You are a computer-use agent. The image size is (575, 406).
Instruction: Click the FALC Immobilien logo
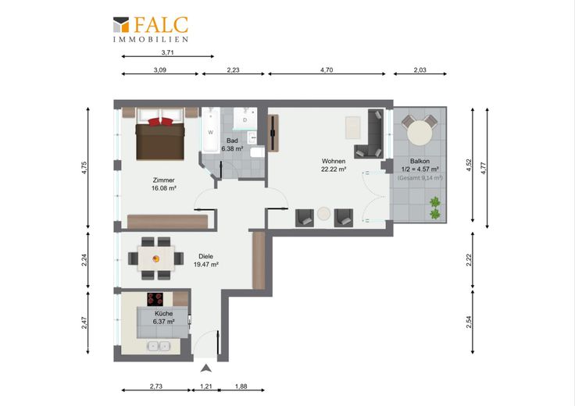151,30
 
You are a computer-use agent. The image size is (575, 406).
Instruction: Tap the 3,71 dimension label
168,52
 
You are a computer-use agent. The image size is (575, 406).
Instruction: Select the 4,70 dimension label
327,70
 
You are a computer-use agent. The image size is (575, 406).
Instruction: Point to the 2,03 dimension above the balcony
420,70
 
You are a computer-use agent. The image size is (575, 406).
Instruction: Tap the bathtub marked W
210,130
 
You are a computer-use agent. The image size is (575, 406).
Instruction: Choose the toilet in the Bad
258,152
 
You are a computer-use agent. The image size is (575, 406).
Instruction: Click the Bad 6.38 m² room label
232,144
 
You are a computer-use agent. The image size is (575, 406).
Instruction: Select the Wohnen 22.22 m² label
334,166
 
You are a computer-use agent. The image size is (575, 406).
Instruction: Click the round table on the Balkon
420,133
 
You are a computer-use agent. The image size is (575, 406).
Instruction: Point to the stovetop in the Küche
155,299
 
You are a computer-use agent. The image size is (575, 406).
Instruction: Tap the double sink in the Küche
159,346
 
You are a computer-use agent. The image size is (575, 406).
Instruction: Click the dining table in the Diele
155,258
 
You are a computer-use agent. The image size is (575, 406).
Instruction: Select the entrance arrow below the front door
206,369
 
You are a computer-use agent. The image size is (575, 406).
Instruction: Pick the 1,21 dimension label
206,386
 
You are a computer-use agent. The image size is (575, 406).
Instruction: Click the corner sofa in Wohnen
370,134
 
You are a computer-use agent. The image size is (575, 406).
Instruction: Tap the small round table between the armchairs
323,214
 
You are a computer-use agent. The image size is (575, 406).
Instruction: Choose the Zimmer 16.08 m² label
164,184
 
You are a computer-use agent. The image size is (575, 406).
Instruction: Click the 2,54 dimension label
469,322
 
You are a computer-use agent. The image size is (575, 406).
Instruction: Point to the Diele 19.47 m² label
205,261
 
